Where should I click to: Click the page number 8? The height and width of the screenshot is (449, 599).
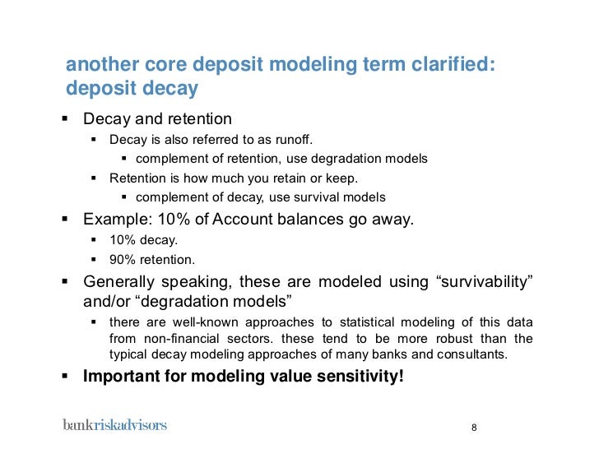(474, 428)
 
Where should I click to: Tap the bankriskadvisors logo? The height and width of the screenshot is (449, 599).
(114, 425)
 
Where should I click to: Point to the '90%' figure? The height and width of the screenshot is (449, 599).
(123, 260)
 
